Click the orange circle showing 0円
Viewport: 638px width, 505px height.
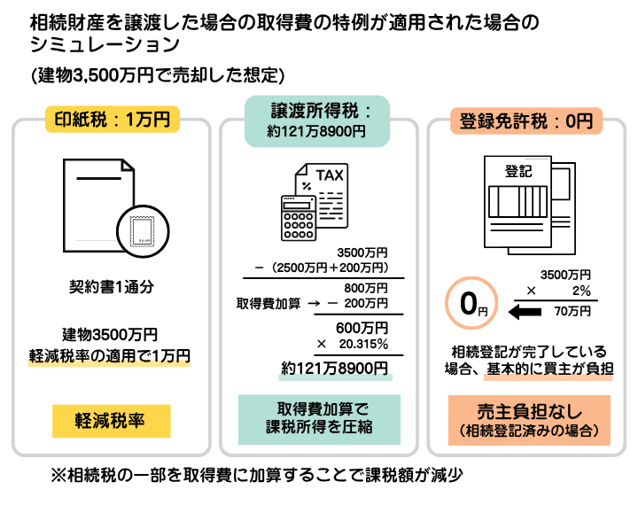pyautogui.click(x=469, y=305)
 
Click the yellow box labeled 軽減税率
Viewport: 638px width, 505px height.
pyautogui.click(x=111, y=421)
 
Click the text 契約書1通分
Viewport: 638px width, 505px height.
pyautogui.click(x=110, y=286)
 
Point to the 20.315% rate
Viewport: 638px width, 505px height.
pyautogui.click(x=362, y=343)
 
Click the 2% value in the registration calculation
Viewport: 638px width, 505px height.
pyautogui.click(x=580, y=291)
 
